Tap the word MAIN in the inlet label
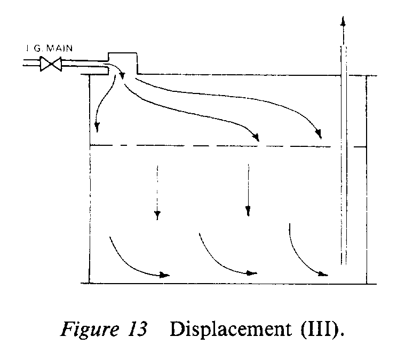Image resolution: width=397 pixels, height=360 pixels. tap(59, 49)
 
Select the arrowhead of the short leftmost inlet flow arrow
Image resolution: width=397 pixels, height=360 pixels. tap(97, 127)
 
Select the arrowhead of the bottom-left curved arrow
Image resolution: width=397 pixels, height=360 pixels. tap(164, 276)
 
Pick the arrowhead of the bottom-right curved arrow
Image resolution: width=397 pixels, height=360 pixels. tap(322, 274)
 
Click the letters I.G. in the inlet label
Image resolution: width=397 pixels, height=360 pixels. tap(34, 49)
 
